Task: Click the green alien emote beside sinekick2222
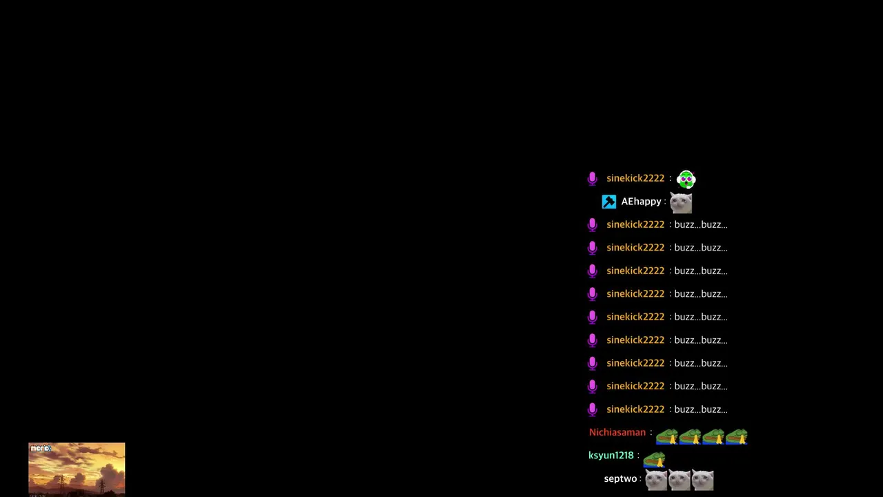(686, 179)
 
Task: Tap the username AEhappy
(641, 202)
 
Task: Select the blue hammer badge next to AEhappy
(608, 202)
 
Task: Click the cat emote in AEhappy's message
(681, 203)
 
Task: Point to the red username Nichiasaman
(617, 432)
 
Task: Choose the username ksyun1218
(611, 456)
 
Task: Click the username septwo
(620, 479)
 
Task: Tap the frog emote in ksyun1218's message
(655, 460)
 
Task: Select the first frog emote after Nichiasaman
(666, 437)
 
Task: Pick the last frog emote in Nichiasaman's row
(736, 437)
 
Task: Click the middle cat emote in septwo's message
(679, 480)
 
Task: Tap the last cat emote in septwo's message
(702, 480)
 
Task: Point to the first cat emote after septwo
(656, 480)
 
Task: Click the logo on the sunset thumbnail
(41, 449)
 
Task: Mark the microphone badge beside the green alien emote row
(592, 179)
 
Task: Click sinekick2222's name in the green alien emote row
(635, 178)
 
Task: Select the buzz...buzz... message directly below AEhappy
(701, 225)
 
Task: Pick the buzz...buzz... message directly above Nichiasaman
(701, 409)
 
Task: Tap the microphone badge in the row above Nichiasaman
(592, 410)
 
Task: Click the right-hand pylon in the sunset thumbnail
(101, 485)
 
